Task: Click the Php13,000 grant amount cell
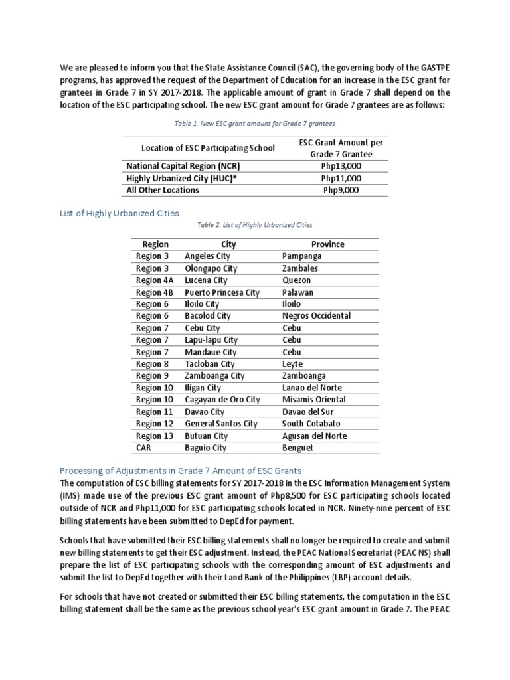point(341,166)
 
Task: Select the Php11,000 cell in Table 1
point(341,178)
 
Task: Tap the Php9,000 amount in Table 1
point(341,190)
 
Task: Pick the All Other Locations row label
point(163,190)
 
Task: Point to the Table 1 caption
point(254,124)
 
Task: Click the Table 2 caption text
point(255,225)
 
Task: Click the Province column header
point(328,244)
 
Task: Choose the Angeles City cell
point(208,256)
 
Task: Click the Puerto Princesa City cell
point(222,292)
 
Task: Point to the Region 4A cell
point(155,280)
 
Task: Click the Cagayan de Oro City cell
point(222,400)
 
